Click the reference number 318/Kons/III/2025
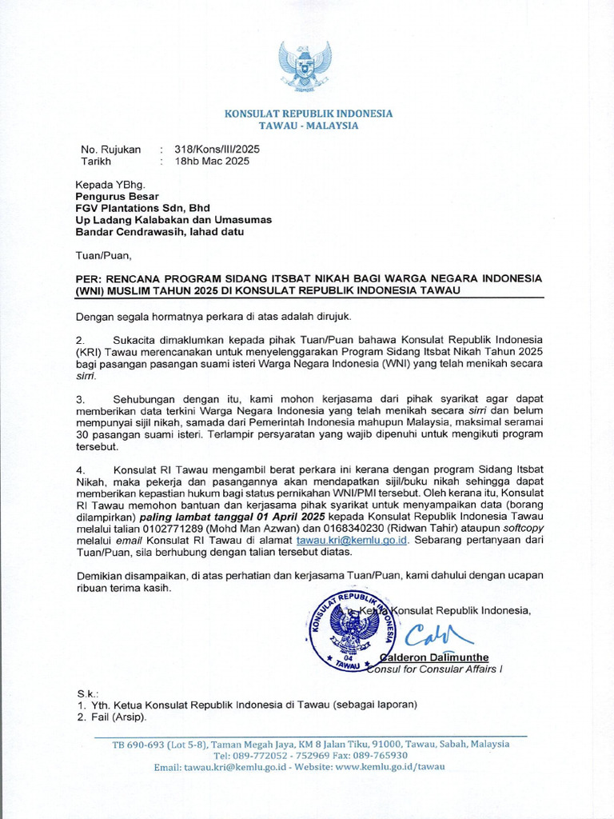[x=217, y=149]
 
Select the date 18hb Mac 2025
[x=212, y=161]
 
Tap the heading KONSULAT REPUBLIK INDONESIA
[x=308, y=114]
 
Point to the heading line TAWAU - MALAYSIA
[x=308, y=126]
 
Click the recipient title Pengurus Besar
[x=117, y=196]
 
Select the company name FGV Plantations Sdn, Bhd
[x=142, y=208]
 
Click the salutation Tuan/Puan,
[x=102, y=256]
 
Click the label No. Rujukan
[x=110, y=149]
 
